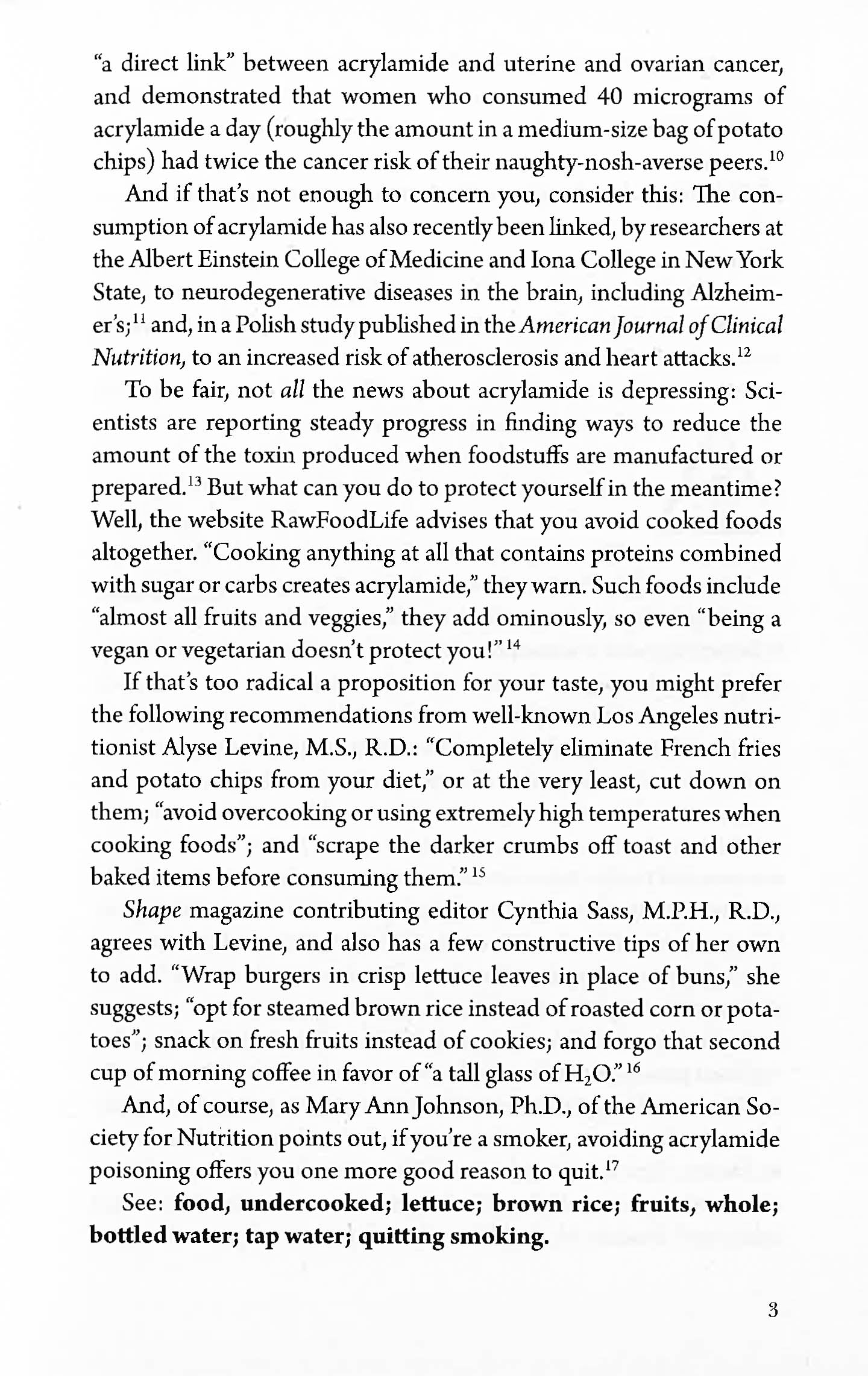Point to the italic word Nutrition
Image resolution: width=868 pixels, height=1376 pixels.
(x=138, y=358)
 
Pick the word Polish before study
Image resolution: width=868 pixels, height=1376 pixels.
(x=265, y=325)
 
